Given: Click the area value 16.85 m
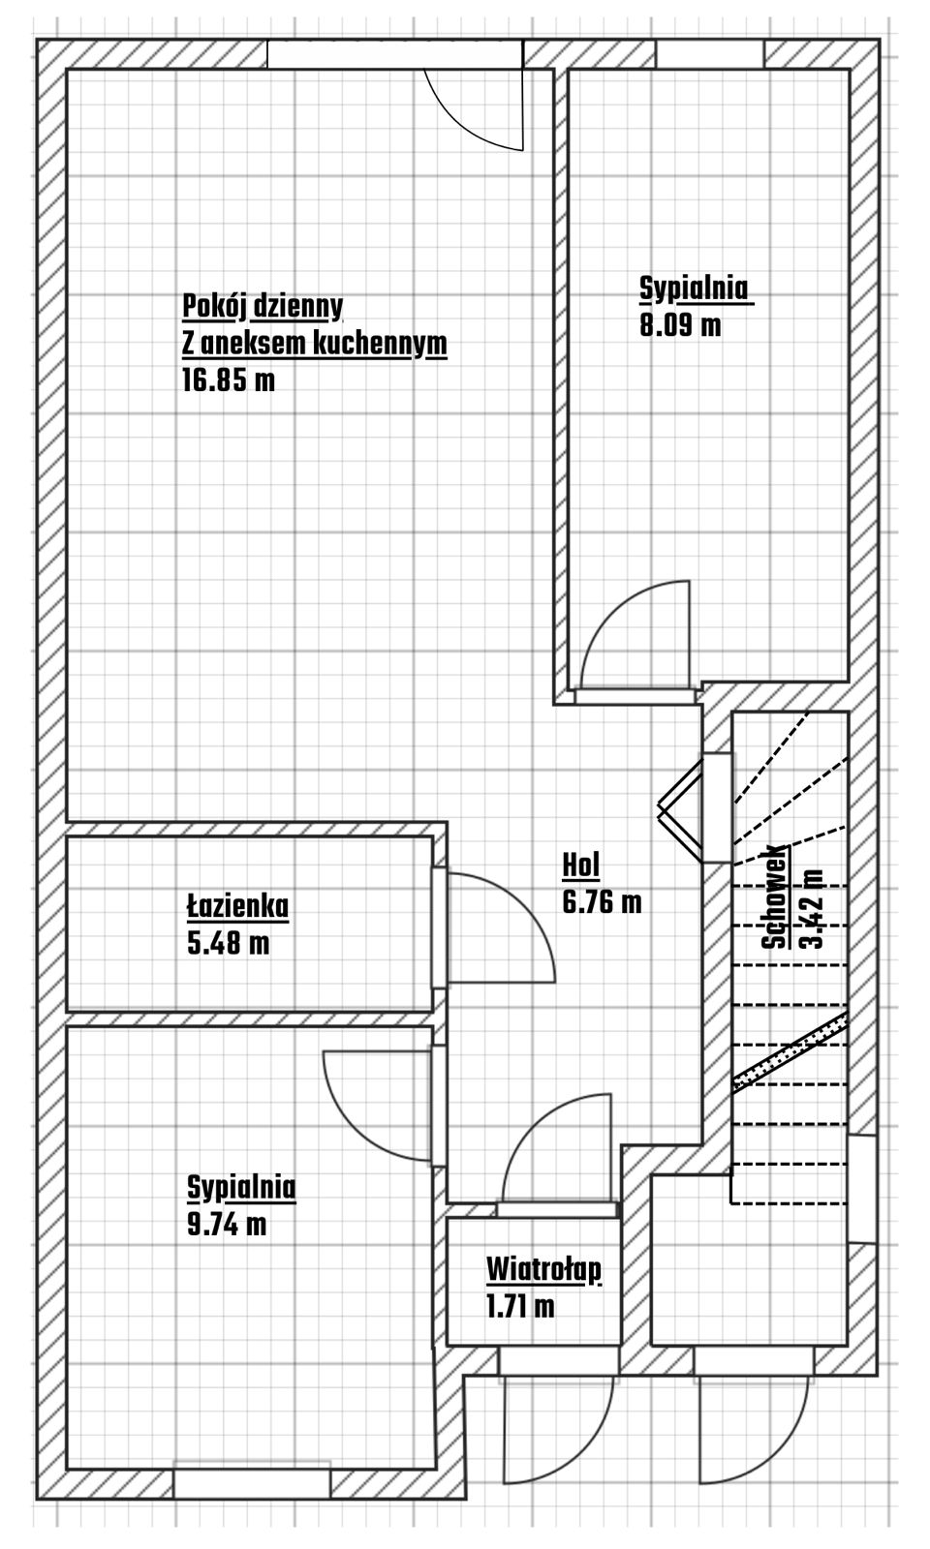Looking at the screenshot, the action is [229, 380].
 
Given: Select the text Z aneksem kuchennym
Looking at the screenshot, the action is [314, 345].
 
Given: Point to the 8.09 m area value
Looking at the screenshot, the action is [680, 324].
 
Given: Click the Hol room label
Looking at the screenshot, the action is [580, 866].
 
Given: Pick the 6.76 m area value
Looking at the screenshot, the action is [602, 902].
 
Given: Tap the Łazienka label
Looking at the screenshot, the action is [238, 906].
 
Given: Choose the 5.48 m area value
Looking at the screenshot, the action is [229, 943].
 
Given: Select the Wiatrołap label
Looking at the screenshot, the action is [543, 1271].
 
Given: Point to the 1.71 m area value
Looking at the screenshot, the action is [520, 1307].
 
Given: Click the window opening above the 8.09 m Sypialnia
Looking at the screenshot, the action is [710, 54].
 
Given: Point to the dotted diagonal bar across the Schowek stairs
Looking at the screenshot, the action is [790, 1050].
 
